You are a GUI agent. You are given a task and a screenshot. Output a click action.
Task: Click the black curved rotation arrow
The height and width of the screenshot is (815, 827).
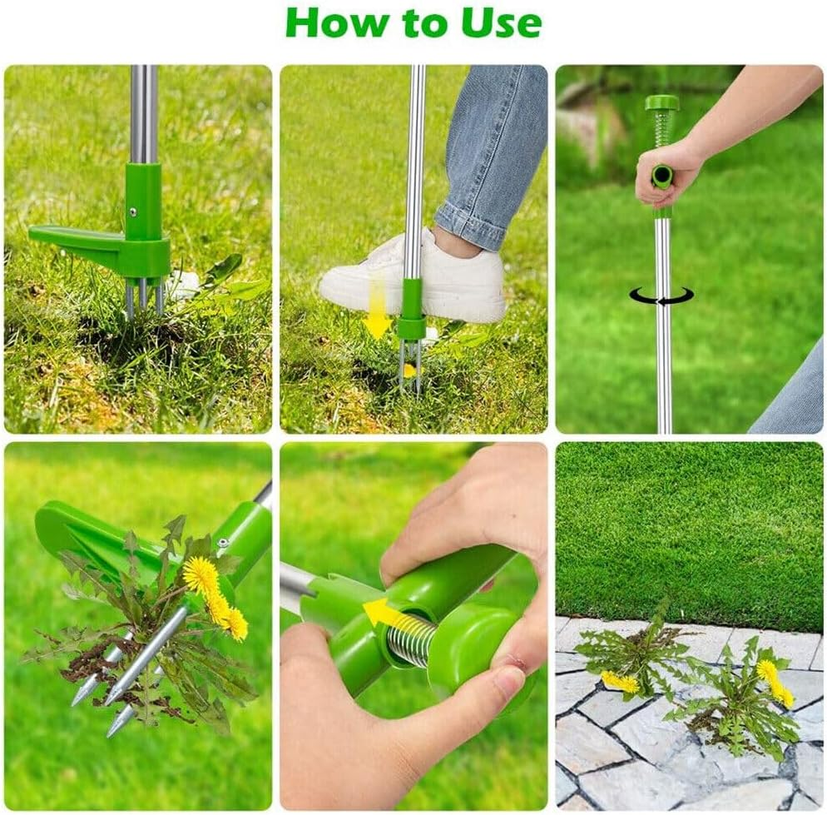pos(661,296)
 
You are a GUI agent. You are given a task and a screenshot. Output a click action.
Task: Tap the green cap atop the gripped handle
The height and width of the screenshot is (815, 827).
pos(662,103)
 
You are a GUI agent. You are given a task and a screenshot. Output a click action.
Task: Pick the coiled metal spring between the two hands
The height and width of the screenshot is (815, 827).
pos(411,640)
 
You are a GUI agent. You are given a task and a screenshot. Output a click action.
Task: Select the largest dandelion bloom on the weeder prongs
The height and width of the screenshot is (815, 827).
pos(201,576)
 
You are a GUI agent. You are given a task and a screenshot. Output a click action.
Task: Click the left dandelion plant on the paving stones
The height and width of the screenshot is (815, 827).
pos(632,658)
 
